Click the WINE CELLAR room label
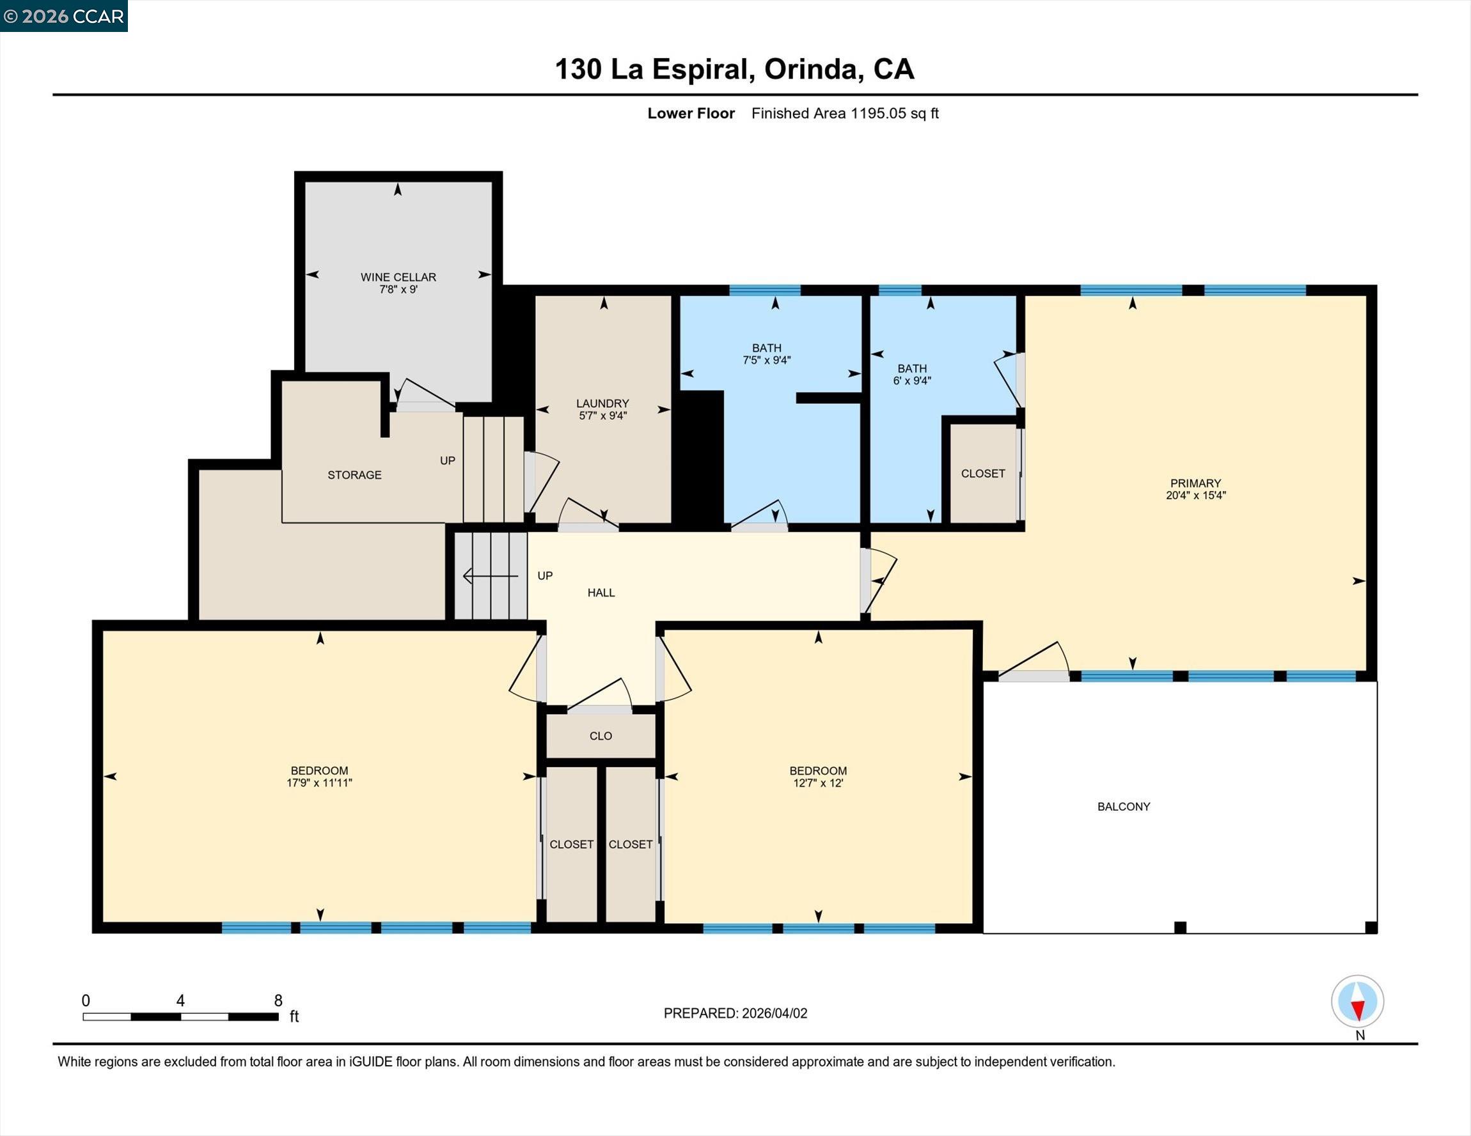click(398, 277)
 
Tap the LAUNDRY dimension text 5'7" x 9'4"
click(603, 416)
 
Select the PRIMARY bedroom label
click(1195, 483)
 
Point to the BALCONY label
click(1124, 806)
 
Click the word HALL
click(601, 593)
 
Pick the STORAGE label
click(354, 475)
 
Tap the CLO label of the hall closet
click(601, 736)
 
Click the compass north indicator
click(1357, 1002)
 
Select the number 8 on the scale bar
click(278, 1000)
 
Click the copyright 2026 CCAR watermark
click(64, 16)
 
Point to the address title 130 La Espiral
click(734, 69)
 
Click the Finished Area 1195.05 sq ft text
click(845, 113)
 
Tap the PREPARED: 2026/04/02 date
click(735, 1013)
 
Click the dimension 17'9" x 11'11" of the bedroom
click(319, 782)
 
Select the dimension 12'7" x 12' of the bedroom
click(817, 782)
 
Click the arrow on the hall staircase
click(491, 577)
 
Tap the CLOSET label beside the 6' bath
click(982, 474)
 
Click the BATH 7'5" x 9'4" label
click(766, 354)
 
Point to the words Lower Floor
click(690, 113)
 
